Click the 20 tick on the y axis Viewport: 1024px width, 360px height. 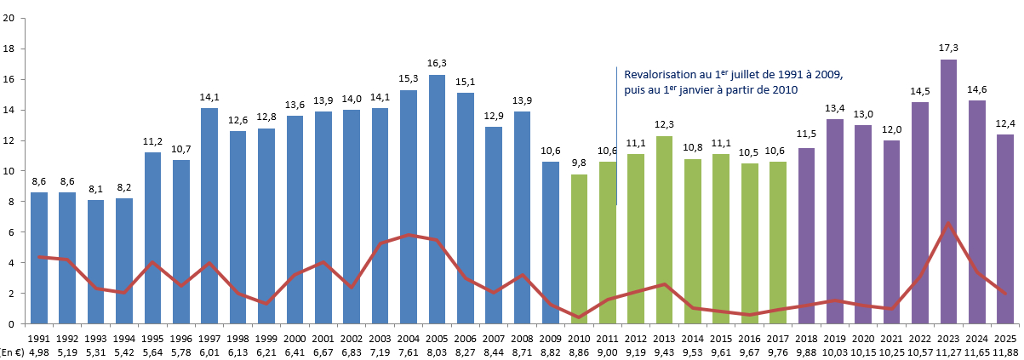tap(9, 19)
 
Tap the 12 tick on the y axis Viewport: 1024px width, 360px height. tap(9, 140)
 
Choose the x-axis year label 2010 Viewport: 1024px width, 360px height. tap(579, 338)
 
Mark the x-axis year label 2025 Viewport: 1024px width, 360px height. tap(1006, 338)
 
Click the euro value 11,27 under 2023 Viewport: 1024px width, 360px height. tap(949, 351)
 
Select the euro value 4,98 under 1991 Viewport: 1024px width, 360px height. tap(39, 351)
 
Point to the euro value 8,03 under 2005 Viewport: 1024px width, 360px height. tap(437, 351)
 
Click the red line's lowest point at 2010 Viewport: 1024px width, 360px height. tap(579, 317)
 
